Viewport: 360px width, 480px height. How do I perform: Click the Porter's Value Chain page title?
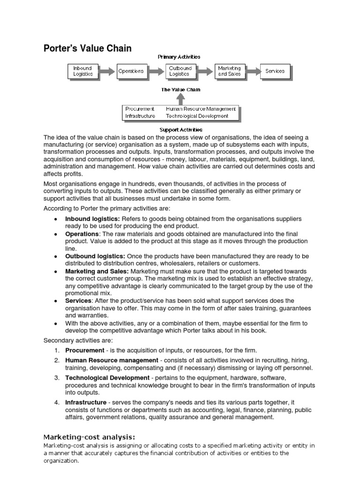pos(88,48)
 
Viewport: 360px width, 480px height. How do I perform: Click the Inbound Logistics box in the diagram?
pos(83,71)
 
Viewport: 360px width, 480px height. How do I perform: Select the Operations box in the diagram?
pos(131,71)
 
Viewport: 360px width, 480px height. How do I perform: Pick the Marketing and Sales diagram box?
pos(229,71)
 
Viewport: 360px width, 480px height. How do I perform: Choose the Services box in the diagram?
pos(275,71)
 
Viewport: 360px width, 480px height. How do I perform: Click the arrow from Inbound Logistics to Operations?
pos(106,71)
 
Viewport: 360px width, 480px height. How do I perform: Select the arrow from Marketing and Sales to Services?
pos(252,71)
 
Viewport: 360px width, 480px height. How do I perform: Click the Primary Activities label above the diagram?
pos(179,57)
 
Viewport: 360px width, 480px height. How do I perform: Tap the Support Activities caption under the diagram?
pos(181,129)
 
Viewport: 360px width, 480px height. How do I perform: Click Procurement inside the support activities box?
pos(140,109)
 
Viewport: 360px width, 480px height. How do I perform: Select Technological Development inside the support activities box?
pos(197,116)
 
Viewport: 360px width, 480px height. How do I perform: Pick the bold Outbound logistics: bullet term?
pos(95,256)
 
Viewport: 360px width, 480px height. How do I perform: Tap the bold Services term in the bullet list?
pos(78,300)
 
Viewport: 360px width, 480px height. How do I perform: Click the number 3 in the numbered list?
pos(56,378)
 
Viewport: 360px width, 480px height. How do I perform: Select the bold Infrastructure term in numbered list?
pos(85,402)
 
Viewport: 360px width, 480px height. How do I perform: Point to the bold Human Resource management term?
pos(112,360)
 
